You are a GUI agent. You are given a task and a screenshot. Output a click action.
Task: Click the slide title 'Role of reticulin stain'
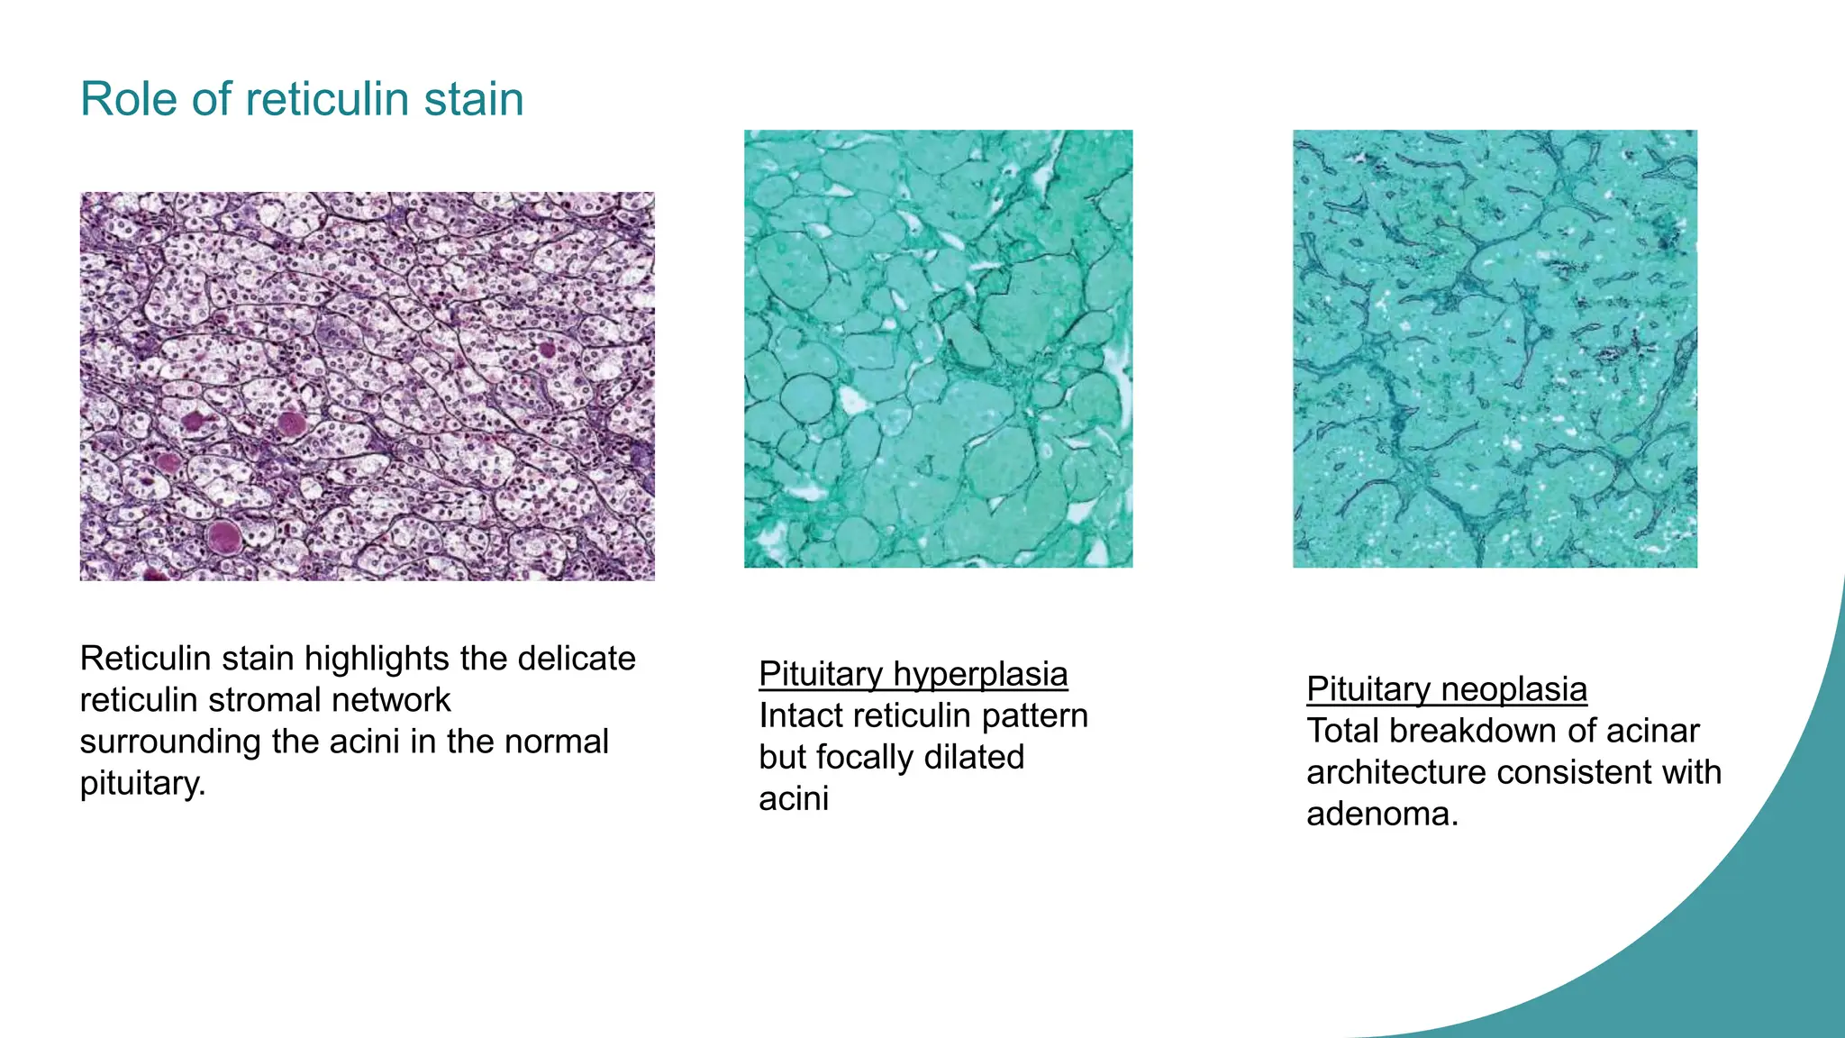coord(302,99)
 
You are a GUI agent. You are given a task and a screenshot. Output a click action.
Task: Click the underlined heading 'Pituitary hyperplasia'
coord(913,674)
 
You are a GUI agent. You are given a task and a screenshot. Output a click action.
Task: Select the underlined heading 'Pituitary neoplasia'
coord(1446,689)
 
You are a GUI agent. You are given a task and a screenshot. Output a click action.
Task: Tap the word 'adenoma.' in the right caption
coord(1382,814)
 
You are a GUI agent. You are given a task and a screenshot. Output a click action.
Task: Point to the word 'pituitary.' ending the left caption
coord(142,783)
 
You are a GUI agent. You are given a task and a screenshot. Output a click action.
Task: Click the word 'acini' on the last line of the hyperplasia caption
coord(793,798)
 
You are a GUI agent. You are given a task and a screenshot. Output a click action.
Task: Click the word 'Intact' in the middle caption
coord(802,715)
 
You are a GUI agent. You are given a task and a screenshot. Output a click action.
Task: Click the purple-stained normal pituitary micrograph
coord(367,386)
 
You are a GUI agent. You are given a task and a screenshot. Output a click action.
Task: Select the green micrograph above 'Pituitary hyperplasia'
coord(938,349)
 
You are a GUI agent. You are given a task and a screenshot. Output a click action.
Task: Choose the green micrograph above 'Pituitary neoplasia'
coord(1495,349)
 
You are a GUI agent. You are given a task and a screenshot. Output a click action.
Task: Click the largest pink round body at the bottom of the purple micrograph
coord(223,537)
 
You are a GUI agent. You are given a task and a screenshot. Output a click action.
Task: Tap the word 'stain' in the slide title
coord(474,99)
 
